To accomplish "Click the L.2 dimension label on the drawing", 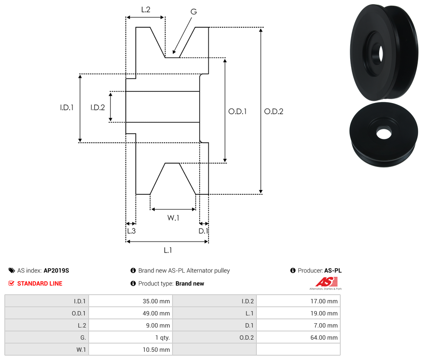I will (x=145, y=9).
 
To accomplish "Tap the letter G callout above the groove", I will (x=193, y=12).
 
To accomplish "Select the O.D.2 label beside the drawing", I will (x=274, y=111).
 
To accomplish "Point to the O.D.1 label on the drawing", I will (x=237, y=111).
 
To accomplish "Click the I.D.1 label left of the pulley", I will (x=67, y=108).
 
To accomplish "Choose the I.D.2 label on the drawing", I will (x=97, y=108).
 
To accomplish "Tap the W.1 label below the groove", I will (x=173, y=218).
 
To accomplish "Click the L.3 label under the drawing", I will (x=131, y=231).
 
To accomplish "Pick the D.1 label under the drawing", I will (x=203, y=231).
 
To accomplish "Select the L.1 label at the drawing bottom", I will (x=168, y=250).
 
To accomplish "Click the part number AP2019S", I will (x=56, y=270).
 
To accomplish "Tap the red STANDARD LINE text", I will (x=40, y=283).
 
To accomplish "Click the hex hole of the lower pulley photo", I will (x=383, y=133).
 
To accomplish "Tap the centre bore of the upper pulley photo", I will (x=380, y=53).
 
